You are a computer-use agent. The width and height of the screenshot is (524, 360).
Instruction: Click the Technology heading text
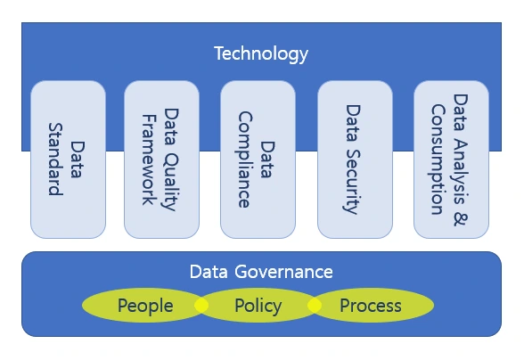260,53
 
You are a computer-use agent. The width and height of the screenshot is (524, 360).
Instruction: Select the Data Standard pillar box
68,160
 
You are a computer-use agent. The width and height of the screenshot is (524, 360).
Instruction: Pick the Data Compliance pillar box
258,160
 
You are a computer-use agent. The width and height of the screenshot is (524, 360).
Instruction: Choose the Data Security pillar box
355,160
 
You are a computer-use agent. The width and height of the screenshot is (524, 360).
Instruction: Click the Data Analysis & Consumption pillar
451,160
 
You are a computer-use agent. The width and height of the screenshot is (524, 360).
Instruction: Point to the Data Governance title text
261,272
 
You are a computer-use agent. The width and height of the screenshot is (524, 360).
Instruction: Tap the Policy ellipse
258,307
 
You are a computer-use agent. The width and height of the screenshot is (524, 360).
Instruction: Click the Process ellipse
372,307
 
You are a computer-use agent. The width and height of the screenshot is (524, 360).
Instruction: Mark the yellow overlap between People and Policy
201,306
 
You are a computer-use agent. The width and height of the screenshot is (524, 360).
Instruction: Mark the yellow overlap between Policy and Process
314,306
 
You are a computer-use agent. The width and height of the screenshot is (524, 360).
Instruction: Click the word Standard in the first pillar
55,167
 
